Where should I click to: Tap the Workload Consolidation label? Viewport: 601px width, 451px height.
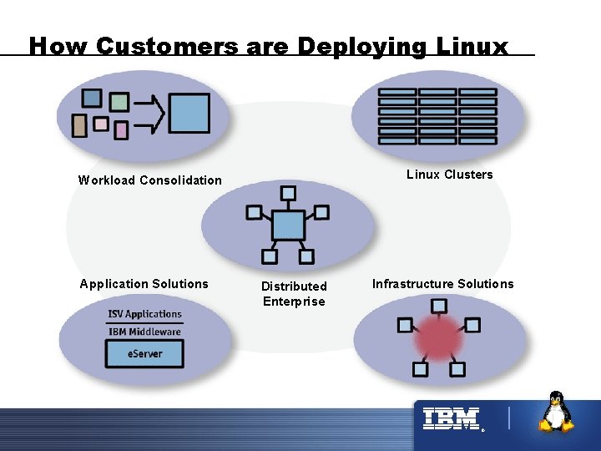click(150, 180)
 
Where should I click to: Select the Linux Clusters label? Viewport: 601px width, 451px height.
click(449, 175)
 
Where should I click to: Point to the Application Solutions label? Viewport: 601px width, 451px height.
click(144, 284)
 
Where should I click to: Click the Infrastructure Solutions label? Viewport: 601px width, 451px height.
click(442, 284)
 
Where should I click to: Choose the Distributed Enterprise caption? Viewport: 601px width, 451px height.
click(294, 294)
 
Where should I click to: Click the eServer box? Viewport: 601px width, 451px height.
click(145, 353)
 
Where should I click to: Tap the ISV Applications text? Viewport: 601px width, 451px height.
click(144, 314)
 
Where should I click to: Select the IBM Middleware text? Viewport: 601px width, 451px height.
click(144, 332)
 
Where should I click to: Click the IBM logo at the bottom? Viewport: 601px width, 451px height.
click(451, 418)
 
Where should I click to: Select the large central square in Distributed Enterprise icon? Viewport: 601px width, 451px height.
click(288, 225)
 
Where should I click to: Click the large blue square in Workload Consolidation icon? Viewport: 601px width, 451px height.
click(189, 114)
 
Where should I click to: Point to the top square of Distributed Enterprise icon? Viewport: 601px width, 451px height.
click(288, 194)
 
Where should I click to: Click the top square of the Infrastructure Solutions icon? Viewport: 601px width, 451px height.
click(437, 305)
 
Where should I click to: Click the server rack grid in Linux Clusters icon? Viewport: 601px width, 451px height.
click(437, 116)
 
